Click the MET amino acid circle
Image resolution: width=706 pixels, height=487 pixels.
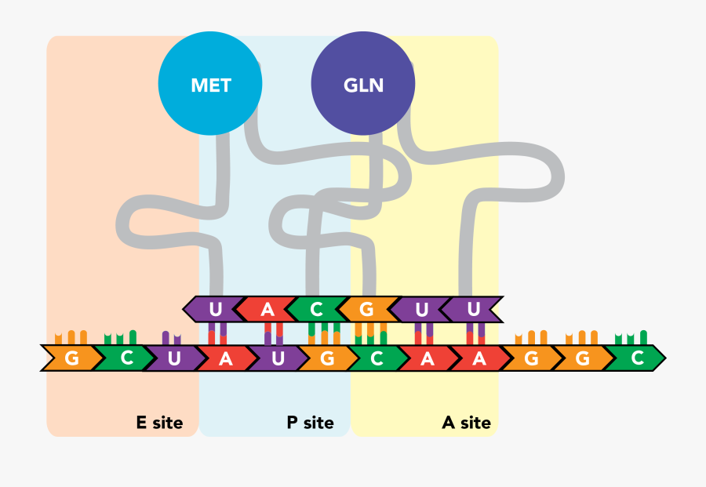click(210, 85)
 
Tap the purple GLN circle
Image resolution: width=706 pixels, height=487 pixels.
click(363, 85)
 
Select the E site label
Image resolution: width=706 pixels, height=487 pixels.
click(159, 423)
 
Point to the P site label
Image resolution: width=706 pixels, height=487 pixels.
click(310, 423)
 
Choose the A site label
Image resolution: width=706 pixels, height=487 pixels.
click(467, 423)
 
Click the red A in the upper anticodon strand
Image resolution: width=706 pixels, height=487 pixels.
click(267, 310)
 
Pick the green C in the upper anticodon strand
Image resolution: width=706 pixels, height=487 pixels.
click(316, 310)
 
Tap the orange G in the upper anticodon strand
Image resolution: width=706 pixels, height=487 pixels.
click(366, 310)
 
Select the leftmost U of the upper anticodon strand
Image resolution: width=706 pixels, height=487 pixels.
click(215, 310)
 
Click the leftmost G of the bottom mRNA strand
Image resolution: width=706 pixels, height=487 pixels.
click(71, 358)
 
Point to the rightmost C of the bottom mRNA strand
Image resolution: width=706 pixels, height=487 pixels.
click(637, 358)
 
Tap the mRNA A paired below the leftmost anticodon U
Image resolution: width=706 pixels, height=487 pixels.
click(225, 358)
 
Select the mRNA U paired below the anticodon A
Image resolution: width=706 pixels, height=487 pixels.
click(276, 358)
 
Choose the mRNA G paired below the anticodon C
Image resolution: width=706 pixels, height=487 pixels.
click(327, 358)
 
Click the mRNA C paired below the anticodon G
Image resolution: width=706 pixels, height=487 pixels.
click(377, 358)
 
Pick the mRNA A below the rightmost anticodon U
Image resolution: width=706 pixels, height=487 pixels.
click(479, 358)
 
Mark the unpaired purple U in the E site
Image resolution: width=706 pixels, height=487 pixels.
click(173, 358)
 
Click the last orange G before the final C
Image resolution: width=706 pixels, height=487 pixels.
click(581, 358)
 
